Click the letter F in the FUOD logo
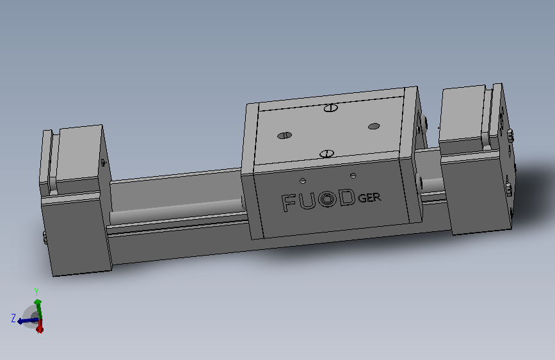(x=288, y=202)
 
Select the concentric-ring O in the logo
(x=326, y=199)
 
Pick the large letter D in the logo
(x=347, y=197)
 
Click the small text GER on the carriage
(x=369, y=198)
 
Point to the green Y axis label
(x=36, y=292)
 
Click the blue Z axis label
(x=13, y=318)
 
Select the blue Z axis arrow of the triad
(x=28, y=321)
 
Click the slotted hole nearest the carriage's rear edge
(x=330, y=108)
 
